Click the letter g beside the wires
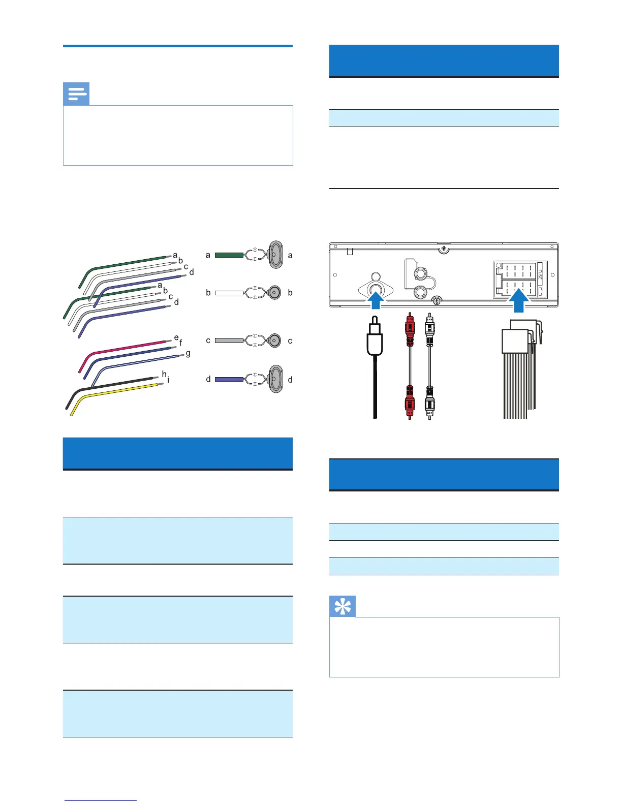click(x=188, y=353)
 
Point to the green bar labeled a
click(x=229, y=255)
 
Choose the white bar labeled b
click(x=229, y=293)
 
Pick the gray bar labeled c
click(x=229, y=340)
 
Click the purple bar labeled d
click(x=229, y=379)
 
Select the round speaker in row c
click(x=275, y=340)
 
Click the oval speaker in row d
click(x=275, y=379)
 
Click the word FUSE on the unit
click(x=540, y=277)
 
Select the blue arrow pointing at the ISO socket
click(x=519, y=300)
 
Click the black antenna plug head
click(x=375, y=338)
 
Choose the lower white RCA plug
click(x=429, y=404)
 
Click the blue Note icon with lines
click(x=76, y=94)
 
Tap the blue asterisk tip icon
click(x=343, y=606)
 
